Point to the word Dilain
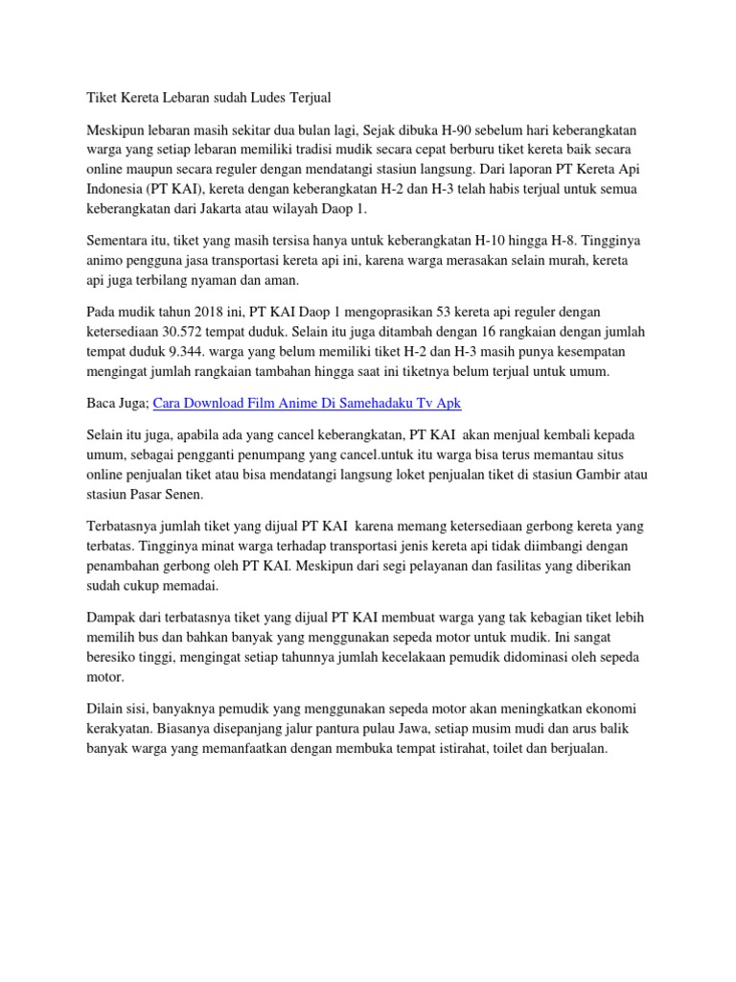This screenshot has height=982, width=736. (106, 708)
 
